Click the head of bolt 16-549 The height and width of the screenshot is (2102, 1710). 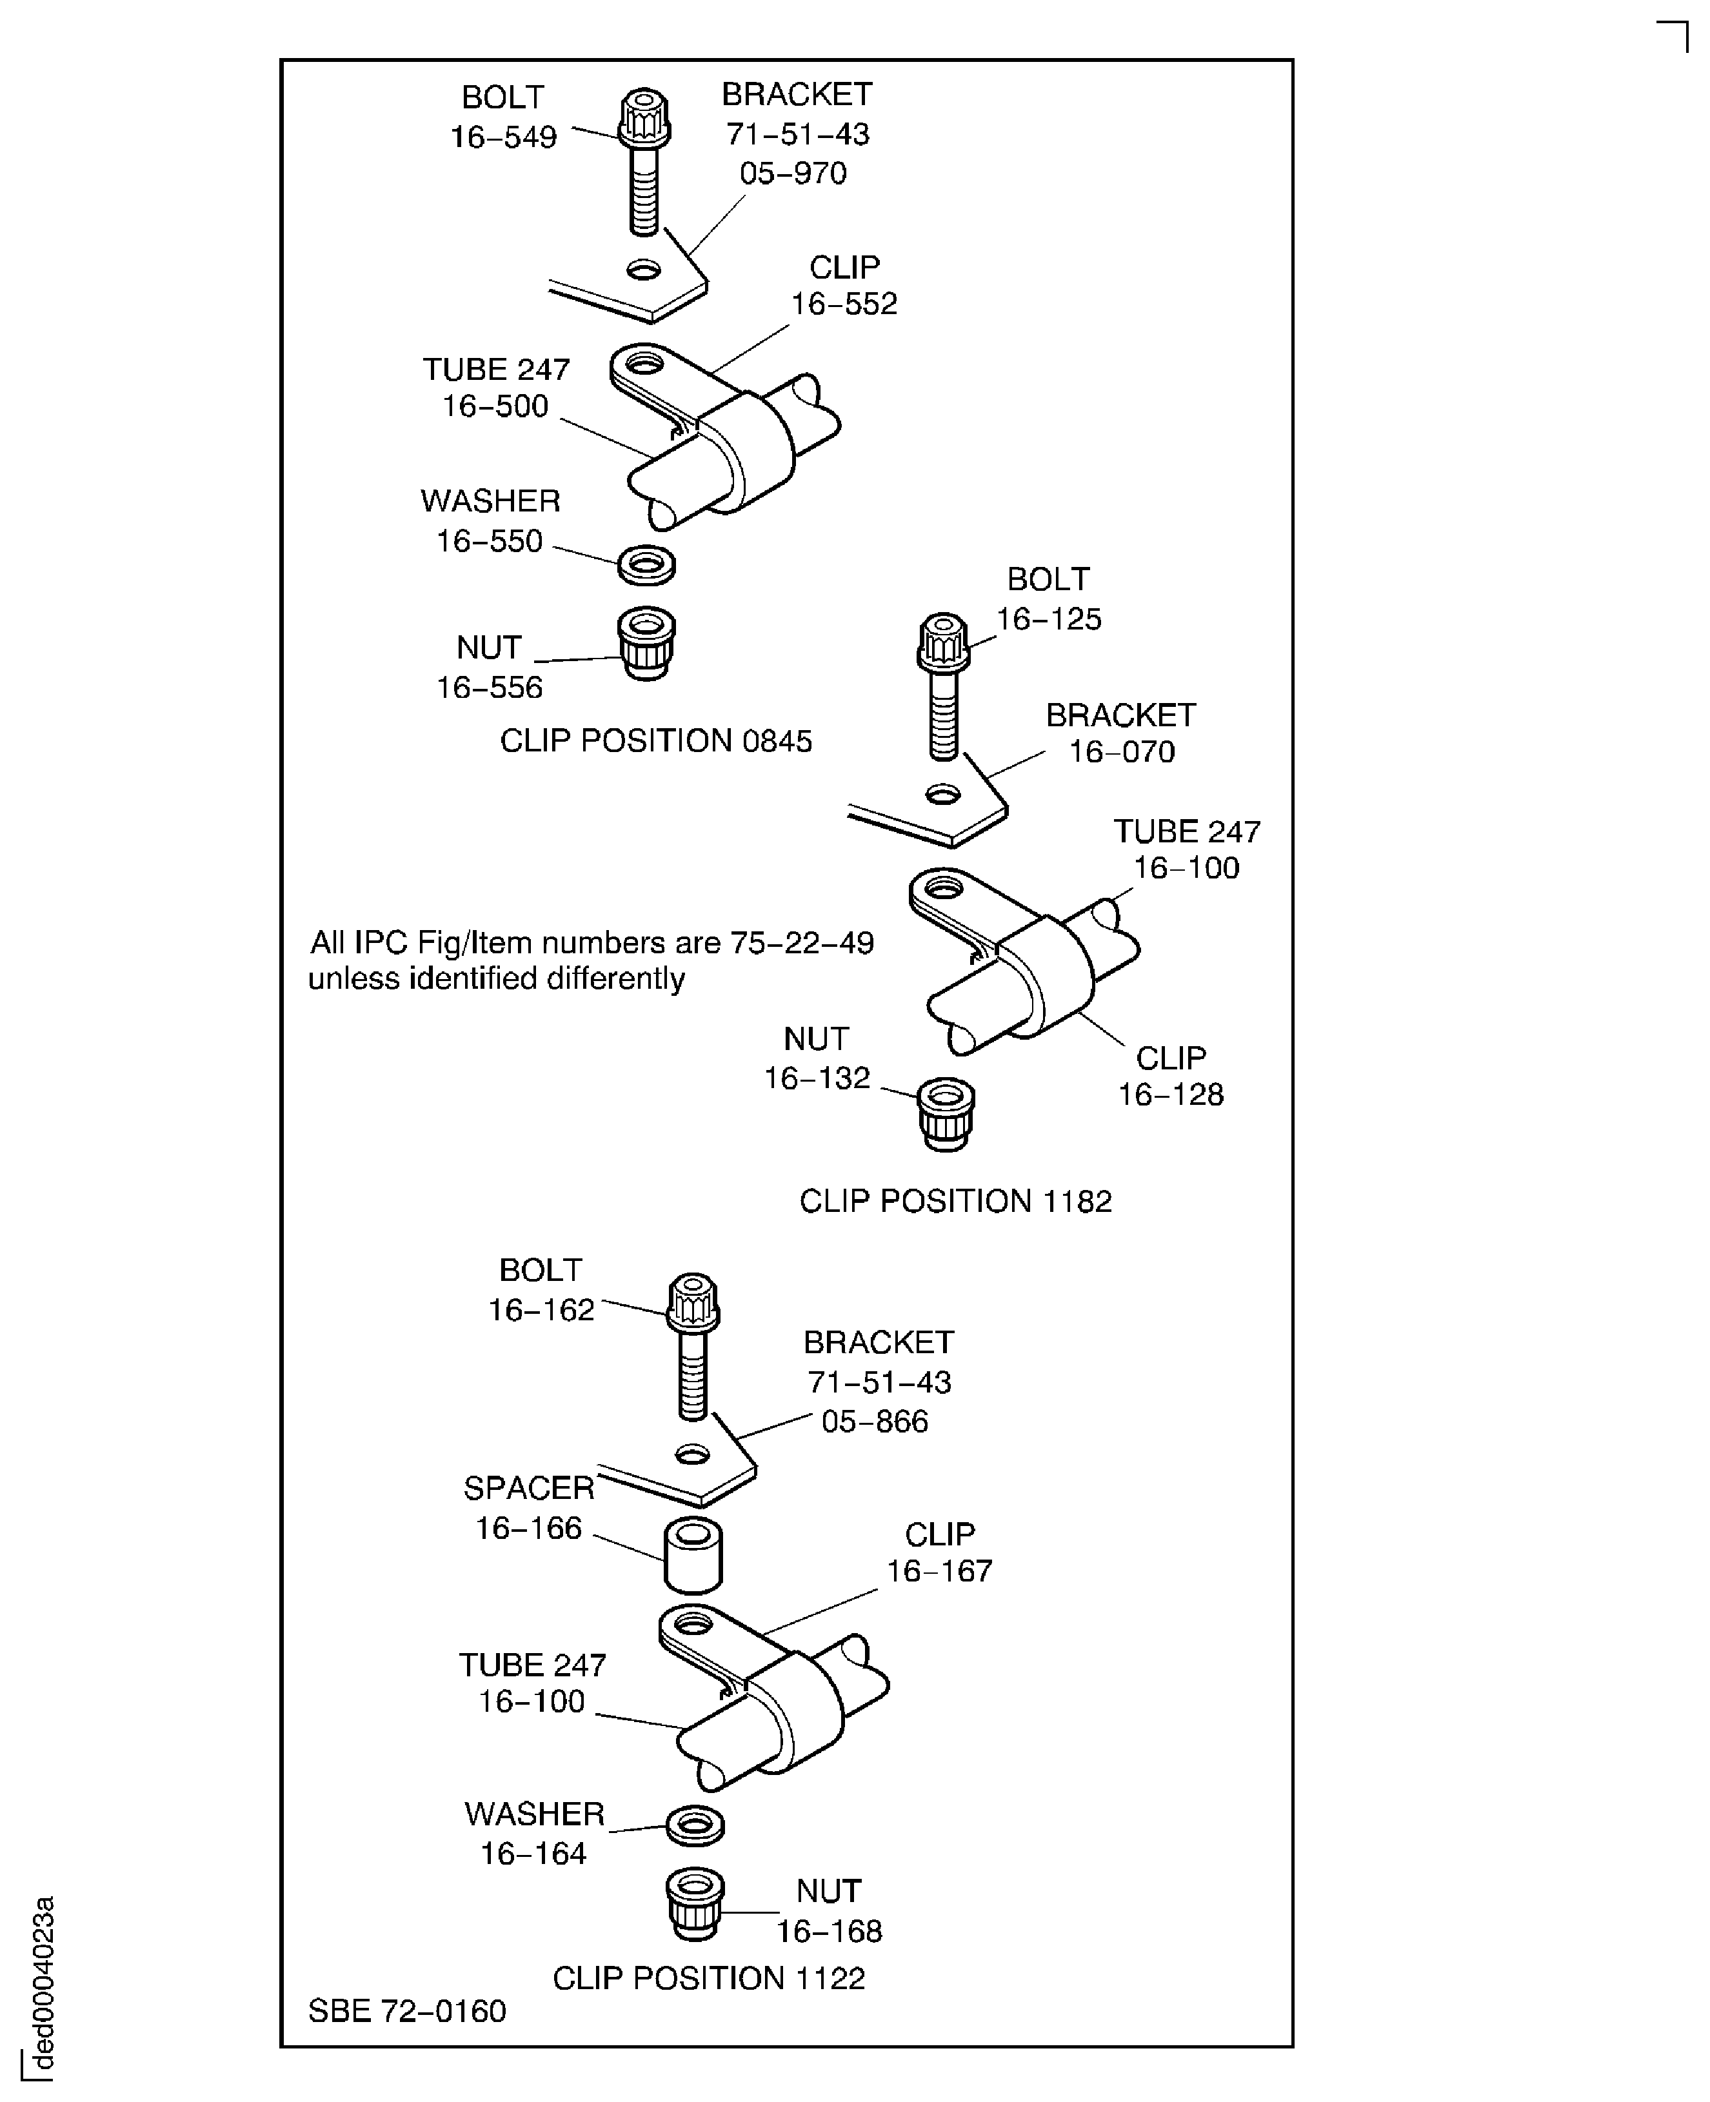click(644, 117)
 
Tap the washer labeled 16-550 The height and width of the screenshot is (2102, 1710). click(646, 564)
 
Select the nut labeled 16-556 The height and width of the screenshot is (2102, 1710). click(646, 642)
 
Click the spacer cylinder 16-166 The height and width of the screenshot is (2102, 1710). click(693, 1556)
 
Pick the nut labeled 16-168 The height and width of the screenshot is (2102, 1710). click(695, 1905)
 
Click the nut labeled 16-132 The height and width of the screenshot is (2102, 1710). click(946, 1113)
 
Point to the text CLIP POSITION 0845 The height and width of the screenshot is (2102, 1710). click(656, 740)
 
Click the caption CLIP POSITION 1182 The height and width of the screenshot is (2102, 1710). click(955, 1201)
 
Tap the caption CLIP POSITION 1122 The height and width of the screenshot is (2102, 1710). click(709, 1978)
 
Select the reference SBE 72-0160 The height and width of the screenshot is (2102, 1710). click(407, 2010)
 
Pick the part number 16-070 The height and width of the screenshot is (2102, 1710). click(1122, 751)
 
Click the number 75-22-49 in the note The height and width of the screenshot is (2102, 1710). click(802, 943)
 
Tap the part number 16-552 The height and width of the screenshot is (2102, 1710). click(844, 303)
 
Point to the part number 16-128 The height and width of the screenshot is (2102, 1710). click(1170, 1095)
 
